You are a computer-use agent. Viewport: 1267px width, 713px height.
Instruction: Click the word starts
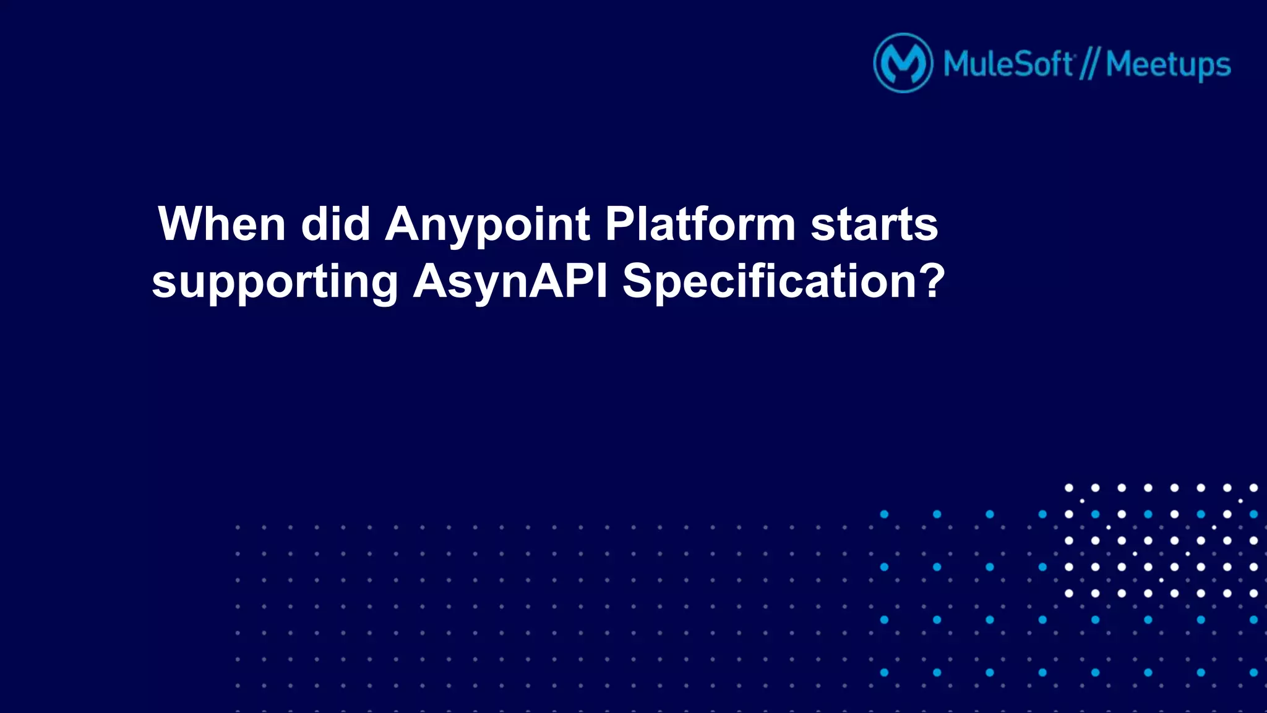(874, 224)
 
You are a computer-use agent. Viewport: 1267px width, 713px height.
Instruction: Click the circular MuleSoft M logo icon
(903, 63)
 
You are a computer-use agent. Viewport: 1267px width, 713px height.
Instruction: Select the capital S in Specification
(639, 281)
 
